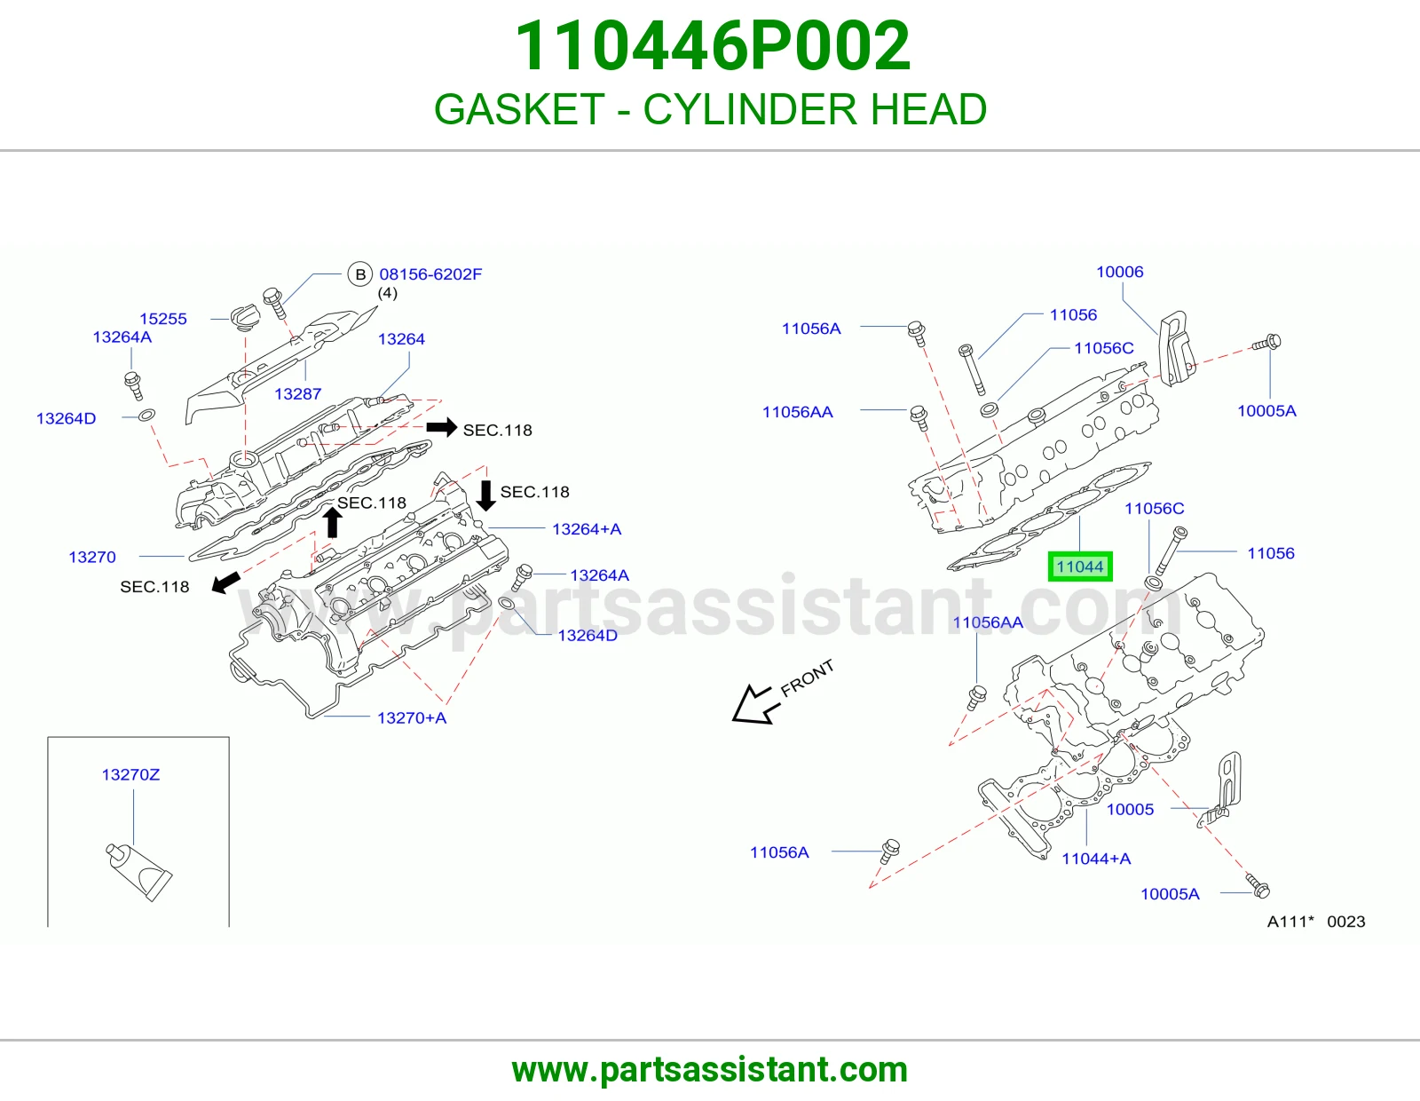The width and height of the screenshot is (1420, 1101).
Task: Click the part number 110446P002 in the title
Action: (712, 45)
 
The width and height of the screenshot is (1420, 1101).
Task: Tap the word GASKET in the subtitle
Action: (519, 109)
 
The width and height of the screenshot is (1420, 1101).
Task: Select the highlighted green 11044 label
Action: (1079, 566)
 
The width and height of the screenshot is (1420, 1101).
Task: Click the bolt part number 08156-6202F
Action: (430, 274)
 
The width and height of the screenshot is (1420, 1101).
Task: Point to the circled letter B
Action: (360, 274)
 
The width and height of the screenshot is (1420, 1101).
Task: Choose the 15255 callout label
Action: (163, 319)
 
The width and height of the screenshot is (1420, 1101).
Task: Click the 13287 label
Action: (298, 394)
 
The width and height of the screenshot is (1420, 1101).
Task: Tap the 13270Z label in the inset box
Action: (130, 775)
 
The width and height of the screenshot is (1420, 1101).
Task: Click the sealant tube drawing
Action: (139, 873)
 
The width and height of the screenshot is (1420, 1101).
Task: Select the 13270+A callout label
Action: (412, 718)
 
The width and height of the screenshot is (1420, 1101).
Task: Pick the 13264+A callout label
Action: (587, 529)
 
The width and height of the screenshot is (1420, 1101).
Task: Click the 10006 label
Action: (1120, 272)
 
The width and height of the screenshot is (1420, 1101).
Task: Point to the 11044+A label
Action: (1097, 859)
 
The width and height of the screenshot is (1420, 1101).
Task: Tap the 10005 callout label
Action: (1131, 810)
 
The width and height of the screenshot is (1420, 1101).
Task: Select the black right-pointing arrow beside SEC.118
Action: (442, 428)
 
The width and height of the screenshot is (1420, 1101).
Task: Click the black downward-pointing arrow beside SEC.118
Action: (485, 495)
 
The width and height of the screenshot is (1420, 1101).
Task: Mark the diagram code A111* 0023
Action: (1316, 922)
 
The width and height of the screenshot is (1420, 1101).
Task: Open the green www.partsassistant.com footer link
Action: (710, 1070)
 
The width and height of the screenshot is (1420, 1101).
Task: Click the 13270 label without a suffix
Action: (92, 557)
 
